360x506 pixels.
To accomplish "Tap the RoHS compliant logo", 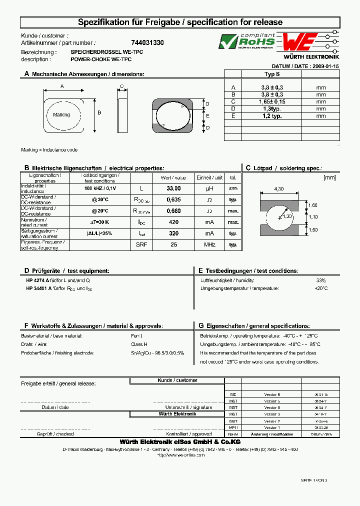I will click(247, 41).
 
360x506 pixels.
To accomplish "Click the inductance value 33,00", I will click(173, 188).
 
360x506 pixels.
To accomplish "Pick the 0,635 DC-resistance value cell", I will click(173, 199).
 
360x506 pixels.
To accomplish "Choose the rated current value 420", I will click(173, 222).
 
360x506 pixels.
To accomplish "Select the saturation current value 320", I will click(173, 233).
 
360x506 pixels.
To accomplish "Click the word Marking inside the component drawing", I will click(61, 115).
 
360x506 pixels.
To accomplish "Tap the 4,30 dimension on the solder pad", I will click(279, 188).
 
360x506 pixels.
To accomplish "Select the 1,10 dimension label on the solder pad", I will click(313, 217).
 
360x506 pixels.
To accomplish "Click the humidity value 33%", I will click(321, 280).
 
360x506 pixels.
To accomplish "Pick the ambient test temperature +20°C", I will click(321, 288).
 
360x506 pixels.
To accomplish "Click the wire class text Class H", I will click(139, 344).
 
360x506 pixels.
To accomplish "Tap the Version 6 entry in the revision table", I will click(272, 394).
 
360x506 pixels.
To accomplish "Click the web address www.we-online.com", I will click(180, 455).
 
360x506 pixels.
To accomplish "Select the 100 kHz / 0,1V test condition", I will click(100, 188).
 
